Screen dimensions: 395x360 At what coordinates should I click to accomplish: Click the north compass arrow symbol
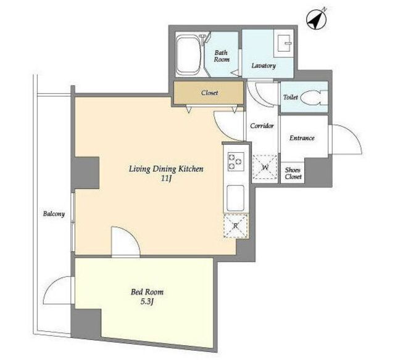point(317,18)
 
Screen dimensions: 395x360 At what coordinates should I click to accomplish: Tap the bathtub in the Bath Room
point(189,55)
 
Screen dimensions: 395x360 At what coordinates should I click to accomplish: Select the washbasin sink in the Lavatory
point(284,43)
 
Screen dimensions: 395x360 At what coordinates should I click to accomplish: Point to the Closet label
point(209,93)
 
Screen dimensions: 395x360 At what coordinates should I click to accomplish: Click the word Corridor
point(262,126)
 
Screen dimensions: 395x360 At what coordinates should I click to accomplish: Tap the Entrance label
point(302,138)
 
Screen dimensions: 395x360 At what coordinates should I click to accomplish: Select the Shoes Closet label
point(293,173)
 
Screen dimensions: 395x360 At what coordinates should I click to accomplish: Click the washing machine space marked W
point(265,167)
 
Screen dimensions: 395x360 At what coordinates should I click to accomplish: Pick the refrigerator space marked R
point(236,226)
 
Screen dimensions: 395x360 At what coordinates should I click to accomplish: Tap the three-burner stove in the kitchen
point(236,162)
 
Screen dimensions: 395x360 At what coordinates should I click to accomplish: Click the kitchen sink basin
point(236,198)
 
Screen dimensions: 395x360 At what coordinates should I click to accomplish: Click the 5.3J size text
point(147,301)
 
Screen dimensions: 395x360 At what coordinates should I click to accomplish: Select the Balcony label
point(54,214)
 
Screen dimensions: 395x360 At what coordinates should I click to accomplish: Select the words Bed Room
point(147,292)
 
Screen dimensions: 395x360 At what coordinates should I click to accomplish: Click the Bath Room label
point(222,56)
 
